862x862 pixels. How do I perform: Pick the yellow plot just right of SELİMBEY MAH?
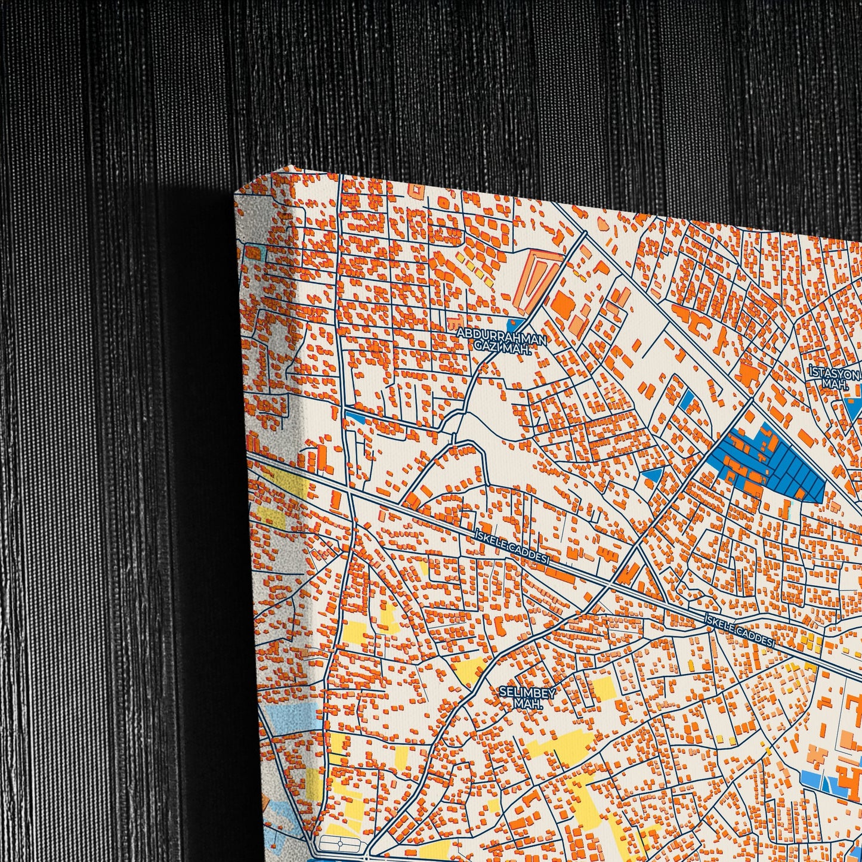coord(603,689)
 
